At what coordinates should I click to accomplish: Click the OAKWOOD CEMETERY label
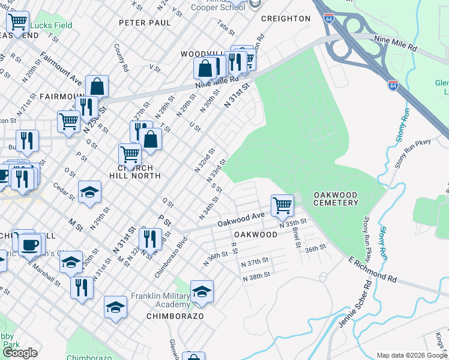pyautogui.click(x=336, y=199)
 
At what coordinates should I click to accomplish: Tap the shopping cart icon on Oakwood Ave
pyautogui.click(x=282, y=206)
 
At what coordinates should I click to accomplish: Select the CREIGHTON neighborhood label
pyautogui.click(x=286, y=19)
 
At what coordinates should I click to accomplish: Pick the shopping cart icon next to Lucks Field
pyautogui.click(x=17, y=22)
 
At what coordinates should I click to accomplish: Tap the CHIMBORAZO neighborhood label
pyautogui.click(x=177, y=316)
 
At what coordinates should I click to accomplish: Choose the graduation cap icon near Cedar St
pyautogui.click(x=89, y=192)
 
